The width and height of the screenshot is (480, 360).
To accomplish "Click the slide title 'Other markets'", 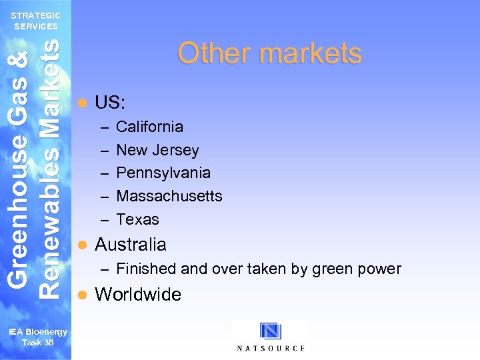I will pos(269,53).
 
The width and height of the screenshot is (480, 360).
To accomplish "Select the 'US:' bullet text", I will pos(111,103).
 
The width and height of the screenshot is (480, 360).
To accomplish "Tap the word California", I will pos(150,127).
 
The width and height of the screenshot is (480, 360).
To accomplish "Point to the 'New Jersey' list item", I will pos(157,150).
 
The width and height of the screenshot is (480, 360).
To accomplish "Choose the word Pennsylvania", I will pos(163,173).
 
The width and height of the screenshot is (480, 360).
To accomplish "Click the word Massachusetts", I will pos(169,196).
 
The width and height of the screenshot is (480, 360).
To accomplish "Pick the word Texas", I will pos(138,219).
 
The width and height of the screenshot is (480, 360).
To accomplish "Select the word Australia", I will pos(131,245).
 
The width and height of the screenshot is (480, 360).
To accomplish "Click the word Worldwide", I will pos(138,295).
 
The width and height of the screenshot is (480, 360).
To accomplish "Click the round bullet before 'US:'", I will pos(83,103).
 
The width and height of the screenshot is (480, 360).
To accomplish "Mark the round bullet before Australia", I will pos(83,245).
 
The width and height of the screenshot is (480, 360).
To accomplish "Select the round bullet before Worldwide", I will pos(83,295).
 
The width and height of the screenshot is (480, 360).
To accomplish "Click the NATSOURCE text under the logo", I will pos(271,348).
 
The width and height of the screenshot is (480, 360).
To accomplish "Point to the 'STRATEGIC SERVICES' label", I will pos(36,21).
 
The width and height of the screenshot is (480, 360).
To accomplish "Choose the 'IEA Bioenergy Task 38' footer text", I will pos(37,337).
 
